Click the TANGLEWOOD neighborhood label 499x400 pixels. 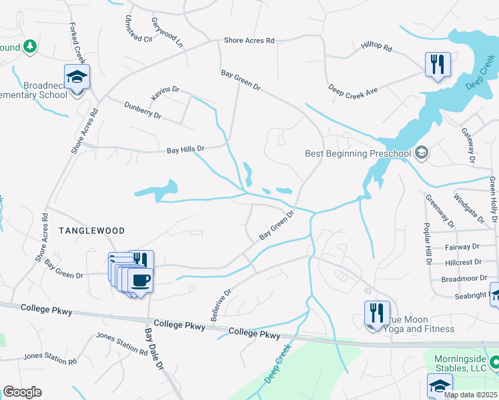pyautogui.click(x=91, y=231)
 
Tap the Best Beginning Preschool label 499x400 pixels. pyautogui.click(x=358, y=154)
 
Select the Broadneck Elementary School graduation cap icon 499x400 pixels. pyautogui.click(x=77, y=77)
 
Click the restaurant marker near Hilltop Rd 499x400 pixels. pyautogui.click(x=438, y=65)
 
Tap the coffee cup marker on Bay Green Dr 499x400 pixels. pyautogui.click(x=140, y=280)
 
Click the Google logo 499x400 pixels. pyautogui.click(x=22, y=392)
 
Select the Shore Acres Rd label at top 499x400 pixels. pyautogui.click(x=249, y=41)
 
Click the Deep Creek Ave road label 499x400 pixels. pyautogui.click(x=354, y=91)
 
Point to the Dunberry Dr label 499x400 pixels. pyautogui.click(x=143, y=110)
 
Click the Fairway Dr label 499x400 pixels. pyautogui.click(x=461, y=247)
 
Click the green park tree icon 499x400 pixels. pyautogui.click(x=29, y=47)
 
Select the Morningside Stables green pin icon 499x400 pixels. pyautogui.click(x=494, y=363)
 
